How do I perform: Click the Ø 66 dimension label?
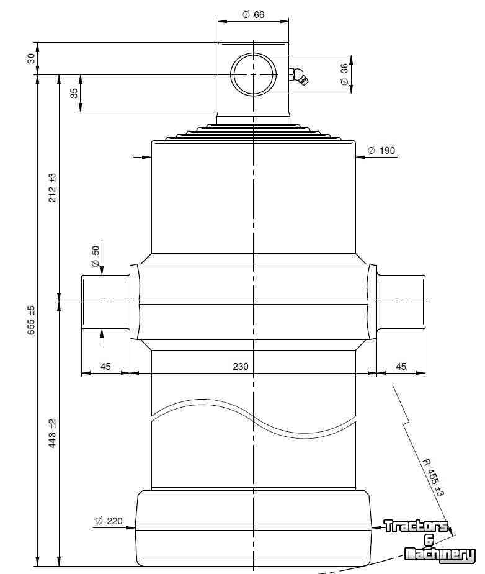coord(253,15)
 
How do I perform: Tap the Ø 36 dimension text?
coord(344,74)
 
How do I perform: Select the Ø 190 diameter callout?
coord(381,150)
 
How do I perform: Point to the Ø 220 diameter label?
coord(109,521)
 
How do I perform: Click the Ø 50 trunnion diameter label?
coord(95,256)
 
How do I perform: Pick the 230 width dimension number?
coord(240,367)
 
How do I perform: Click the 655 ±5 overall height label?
coord(32,320)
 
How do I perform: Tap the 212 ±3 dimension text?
coord(53,188)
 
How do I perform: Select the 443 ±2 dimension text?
coord(53,433)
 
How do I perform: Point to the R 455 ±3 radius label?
coord(434,477)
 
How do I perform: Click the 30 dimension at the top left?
coord(32,58)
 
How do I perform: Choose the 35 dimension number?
coord(74,93)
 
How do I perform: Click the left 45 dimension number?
coord(105,367)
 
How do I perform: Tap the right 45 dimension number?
coord(401,367)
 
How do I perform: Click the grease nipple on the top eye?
coord(298,76)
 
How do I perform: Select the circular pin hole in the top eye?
coord(254,74)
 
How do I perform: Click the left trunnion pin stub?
coord(105,302)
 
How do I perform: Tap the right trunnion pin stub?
coord(401,302)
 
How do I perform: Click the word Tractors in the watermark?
coord(416,526)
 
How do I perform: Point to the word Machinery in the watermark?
coord(440,554)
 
